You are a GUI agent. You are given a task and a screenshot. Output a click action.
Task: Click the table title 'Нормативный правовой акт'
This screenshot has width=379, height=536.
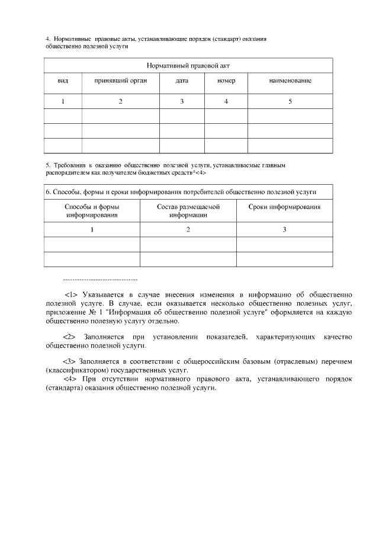(x=188, y=65)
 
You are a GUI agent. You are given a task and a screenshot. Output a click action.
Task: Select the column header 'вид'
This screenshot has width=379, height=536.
(x=63, y=81)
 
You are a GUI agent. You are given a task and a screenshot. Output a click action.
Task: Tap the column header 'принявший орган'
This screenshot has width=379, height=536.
(x=120, y=81)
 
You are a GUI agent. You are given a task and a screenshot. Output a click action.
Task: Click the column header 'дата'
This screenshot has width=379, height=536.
(x=182, y=81)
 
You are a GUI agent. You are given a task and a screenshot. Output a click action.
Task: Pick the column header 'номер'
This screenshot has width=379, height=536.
(x=226, y=81)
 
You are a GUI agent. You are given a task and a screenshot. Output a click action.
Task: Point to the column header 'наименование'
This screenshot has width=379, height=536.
(x=290, y=81)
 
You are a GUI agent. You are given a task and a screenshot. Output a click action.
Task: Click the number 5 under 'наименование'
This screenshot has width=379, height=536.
(x=290, y=101)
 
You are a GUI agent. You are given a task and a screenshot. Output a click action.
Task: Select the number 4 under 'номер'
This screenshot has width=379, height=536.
(x=226, y=101)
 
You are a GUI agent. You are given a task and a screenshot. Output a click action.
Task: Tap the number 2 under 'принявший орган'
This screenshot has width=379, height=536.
(x=120, y=101)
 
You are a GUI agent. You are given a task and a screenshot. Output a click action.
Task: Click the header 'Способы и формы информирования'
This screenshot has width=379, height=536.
(x=92, y=211)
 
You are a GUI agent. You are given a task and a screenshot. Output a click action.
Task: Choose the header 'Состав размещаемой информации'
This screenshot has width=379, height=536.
(x=188, y=211)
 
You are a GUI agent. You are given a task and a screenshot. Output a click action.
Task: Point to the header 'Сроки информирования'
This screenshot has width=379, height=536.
(x=284, y=207)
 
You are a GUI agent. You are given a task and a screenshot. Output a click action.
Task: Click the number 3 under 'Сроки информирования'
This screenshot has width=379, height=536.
(x=284, y=230)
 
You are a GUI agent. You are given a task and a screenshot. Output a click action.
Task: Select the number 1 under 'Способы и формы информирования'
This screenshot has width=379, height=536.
(x=92, y=230)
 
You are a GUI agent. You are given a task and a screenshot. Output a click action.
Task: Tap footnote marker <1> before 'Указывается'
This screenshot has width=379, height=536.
(x=71, y=294)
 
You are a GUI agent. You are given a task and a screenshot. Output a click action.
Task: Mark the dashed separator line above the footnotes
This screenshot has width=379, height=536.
(x=99, y=278)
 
